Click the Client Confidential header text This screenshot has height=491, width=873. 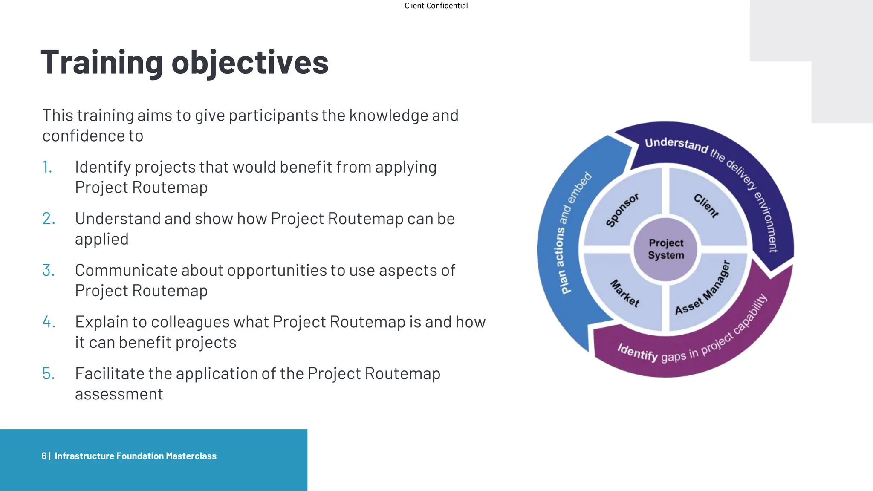click(x=436, y=6)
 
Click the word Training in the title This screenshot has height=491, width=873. click(x=101, y=63)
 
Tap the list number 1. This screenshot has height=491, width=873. click(x=47, y=167)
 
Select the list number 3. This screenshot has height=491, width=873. click(x=49, y=270)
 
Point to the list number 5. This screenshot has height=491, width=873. click(x=49, y=374)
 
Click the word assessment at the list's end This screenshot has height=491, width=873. click(x=119, y=394)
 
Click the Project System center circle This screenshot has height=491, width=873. click(x=665, y=249)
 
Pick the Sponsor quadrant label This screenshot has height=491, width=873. click(x=622, y=210)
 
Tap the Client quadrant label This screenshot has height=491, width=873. click(x=706, y=205)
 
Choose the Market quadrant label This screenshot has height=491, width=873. click(x=625, y=293)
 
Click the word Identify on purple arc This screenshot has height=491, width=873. click(x=638, y=352)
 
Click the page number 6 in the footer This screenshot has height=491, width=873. click(x=44, y=456)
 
